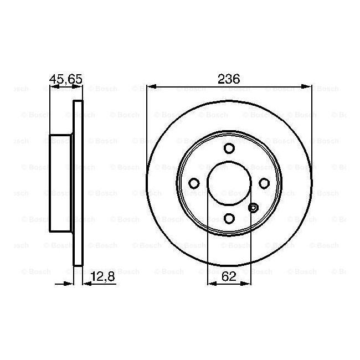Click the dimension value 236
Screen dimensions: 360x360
(228, 79)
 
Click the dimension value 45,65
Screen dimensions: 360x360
(66, 79)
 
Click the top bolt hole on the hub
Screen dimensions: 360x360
(229, 148)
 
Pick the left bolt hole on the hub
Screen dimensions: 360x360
(194, 183)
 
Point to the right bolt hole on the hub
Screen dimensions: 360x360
(264, 183)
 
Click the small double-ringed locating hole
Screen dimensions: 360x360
(253, 208)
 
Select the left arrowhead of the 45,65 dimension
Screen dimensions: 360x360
(53, 86)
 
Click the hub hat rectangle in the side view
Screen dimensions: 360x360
(61, 183)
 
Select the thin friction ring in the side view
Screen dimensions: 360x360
(78, 183)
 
